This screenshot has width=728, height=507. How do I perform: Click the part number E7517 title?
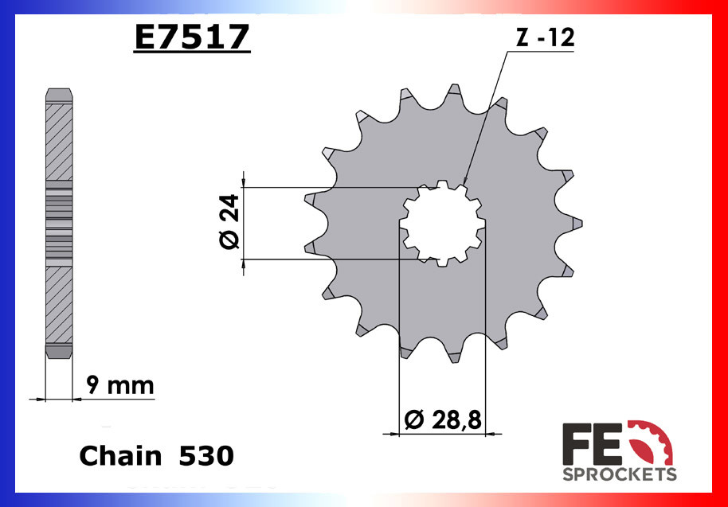[x=191, y=37]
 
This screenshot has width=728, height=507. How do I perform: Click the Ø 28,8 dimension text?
[x=444, y=419]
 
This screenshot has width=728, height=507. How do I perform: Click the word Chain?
[x=119, y=456]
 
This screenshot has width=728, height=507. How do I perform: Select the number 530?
[x=206, y=456]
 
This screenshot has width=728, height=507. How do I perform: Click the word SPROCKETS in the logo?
[x=620, y=475]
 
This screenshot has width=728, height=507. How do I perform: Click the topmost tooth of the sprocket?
[x=454, y=92]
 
